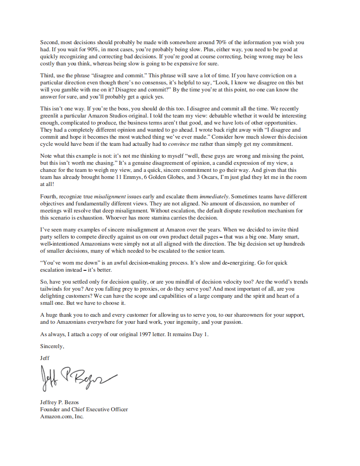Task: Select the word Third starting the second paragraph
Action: [x=47, y=76]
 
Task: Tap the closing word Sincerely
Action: [x=52, y=346]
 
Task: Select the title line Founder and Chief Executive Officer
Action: [x=84, y=409]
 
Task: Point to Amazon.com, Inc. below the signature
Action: [x=62, y=417]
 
